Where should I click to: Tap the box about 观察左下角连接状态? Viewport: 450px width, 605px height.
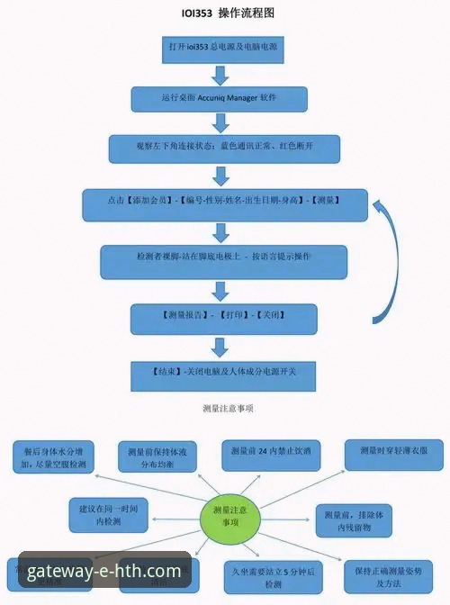pyautogui.click(x=224, y=147)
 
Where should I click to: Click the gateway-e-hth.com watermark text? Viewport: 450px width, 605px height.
pyautogui.click(x=103, y=571)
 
